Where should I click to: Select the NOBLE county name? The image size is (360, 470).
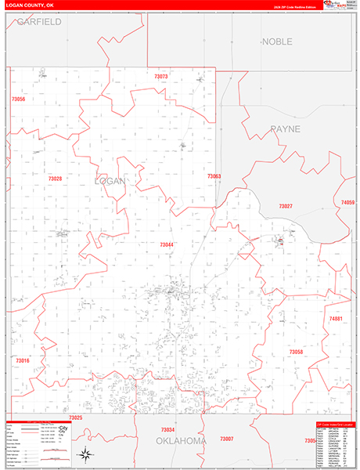pos(277,41)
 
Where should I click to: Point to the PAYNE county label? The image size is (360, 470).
pos(285,128)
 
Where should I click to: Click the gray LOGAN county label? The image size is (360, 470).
pos(110,181)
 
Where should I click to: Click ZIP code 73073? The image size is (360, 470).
pos(161,77)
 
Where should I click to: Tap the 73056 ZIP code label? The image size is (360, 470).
pos(19,99)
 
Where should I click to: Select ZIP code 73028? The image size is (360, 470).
pos(55,179)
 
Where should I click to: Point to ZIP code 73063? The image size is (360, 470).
pos(214,176)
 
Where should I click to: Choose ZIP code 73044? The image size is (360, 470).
pos(167,245)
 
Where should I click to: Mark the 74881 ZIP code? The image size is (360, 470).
pos(336,319)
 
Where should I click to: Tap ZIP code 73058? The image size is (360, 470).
pos(295,352)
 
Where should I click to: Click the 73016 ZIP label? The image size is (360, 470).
pos(22,360)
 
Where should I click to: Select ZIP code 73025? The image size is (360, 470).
pos(75,418)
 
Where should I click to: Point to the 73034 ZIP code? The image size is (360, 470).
pos(167,430)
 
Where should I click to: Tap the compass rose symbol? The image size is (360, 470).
pos(85,454)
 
